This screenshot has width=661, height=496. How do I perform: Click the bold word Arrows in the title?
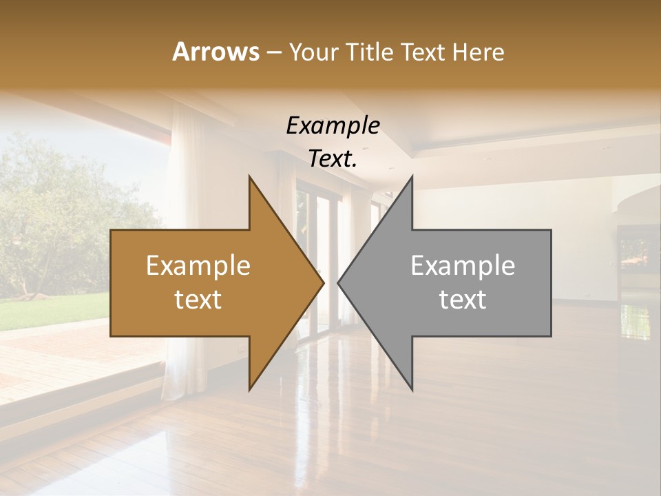pyautogui.click(x=216, y=52)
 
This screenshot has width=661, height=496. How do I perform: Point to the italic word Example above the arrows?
pyautogui.click(x=333, y=125)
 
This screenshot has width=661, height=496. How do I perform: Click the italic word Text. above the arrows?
pyautogui.click(x=333, y=159)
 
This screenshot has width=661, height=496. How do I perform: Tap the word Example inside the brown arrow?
pyautogui.click(x=198, y=265)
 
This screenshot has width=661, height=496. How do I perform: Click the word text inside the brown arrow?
pyautogui.click(x=198, y=300)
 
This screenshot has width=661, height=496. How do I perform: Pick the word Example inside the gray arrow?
pyautogui.click(x=463, y=265)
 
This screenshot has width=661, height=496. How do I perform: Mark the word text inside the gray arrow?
pyautogui.click(x=463, y=300)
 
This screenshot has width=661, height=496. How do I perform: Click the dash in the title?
pyautogui.click(x=273, y=52)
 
